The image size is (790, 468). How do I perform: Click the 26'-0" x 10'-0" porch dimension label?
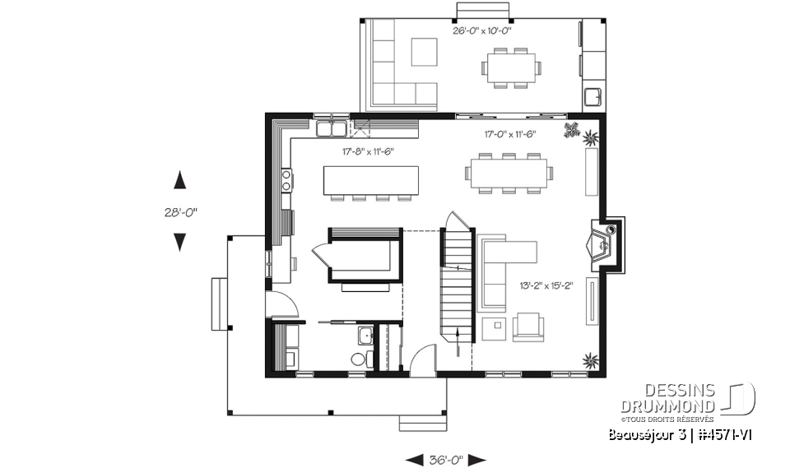(x=482, y=31)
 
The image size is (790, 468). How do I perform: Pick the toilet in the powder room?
(x=359, y=359)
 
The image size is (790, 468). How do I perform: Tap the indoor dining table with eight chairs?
(x=510, y=174)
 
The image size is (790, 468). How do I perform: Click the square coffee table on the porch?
(x=425, y=52)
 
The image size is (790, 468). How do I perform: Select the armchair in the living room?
(x=527, y=327)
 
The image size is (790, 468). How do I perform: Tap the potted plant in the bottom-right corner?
(x=590, y=359)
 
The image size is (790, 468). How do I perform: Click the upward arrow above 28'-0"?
(x=179, y=181)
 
